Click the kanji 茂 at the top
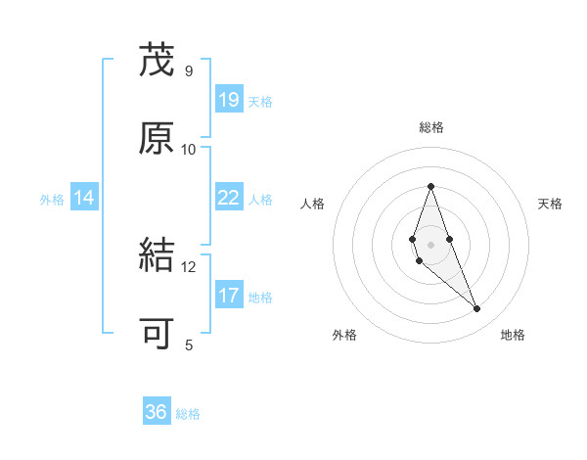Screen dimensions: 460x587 pos(157,61)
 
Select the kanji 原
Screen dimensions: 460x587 pos(157,139)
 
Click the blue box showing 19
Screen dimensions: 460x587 pos(229,100)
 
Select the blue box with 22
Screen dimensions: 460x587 pos(229,198)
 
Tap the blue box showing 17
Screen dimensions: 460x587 pos(229,296)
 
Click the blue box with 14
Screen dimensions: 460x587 pos(84,198)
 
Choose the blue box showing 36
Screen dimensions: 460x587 pos(157,412)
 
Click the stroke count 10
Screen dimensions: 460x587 pos(189,149)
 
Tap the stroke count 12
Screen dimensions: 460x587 pos(189,266)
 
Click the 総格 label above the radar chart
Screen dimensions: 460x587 pos(431,127)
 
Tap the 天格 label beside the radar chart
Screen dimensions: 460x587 pos(551,204)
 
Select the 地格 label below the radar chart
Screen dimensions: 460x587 pos(513,335)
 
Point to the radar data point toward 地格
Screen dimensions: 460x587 pos(476,308)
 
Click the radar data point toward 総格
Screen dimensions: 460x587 pos(430,186)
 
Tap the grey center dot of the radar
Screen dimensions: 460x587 pos(430,244)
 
